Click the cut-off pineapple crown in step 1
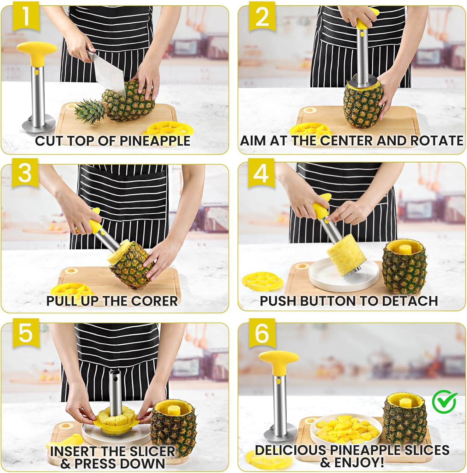point(90,111)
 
